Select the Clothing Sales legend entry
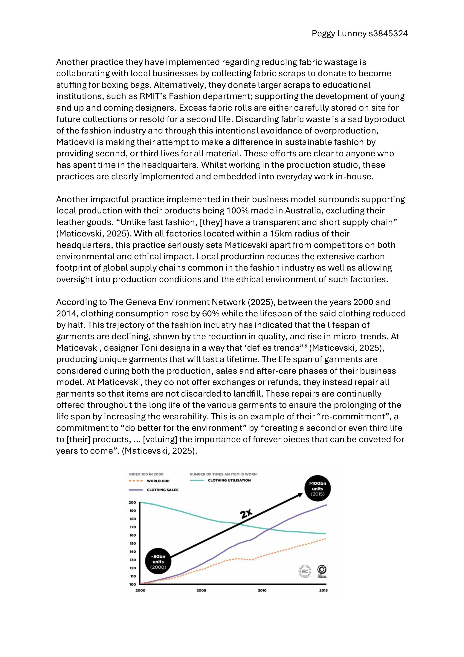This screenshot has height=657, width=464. pos(162,490)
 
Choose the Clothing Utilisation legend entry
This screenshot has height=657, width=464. pos(229,480)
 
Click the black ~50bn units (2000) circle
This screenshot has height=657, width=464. pos(158,562)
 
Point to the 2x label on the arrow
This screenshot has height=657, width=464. pos(246,514)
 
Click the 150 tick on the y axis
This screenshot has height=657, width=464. pos(132,543)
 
